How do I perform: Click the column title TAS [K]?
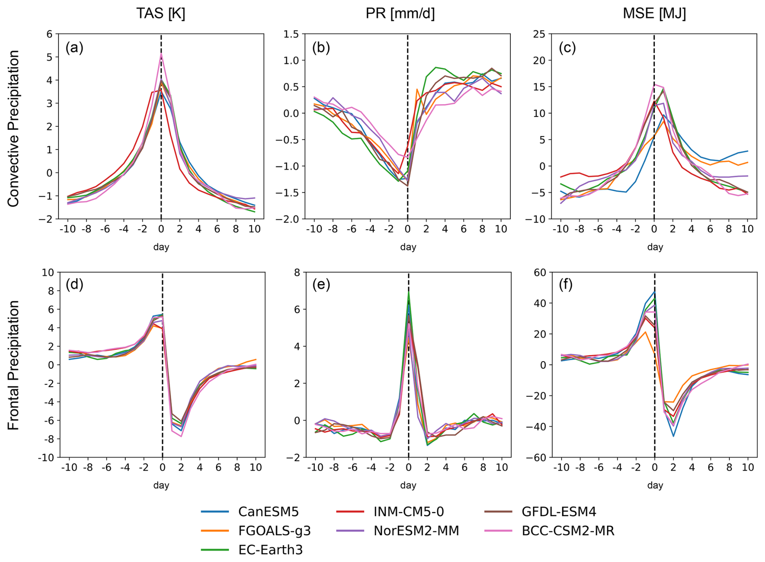click(161, 14)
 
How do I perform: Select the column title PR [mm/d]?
click(400, 14)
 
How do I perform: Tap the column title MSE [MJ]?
click(654, 14)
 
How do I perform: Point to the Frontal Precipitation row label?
click(14, 365)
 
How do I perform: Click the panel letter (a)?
click(74, 48)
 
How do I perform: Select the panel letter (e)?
click(321, 284)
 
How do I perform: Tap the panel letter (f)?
click(567, 284)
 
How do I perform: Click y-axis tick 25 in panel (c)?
click(540, 34)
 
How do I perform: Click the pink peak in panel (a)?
click(161, 54)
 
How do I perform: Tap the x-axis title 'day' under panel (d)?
click(161, 485)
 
